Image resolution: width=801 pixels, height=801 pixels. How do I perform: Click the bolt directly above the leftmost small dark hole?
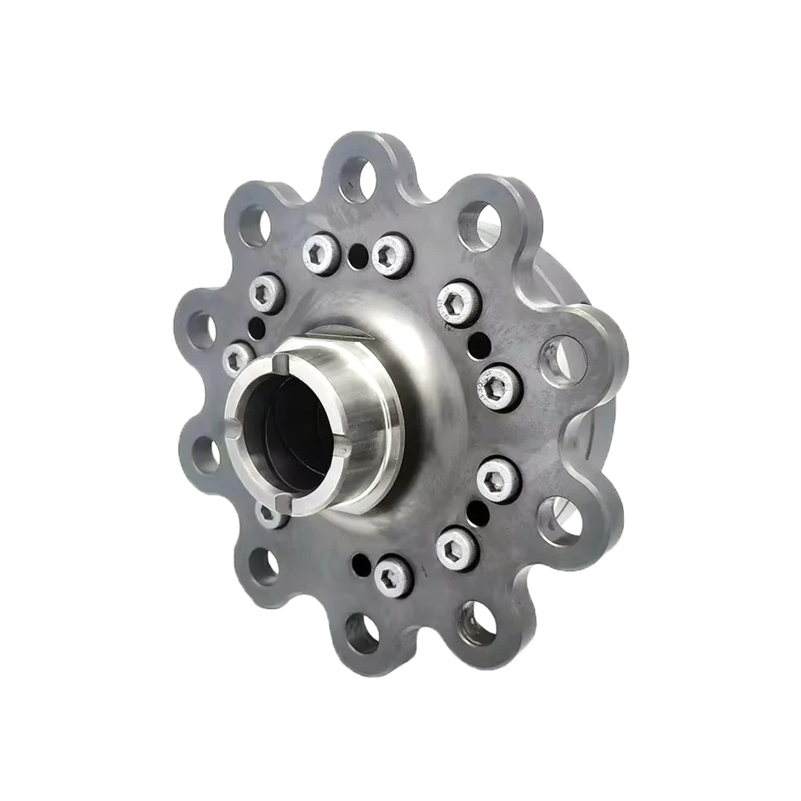(265, 294)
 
